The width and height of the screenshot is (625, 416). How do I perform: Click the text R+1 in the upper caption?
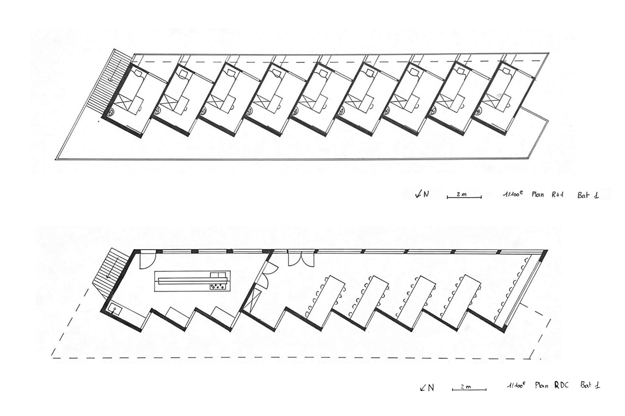click(557, 194)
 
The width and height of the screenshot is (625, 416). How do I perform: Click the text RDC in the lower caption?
click(561, 385)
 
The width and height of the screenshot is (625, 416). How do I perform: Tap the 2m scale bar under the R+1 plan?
click(464, 197)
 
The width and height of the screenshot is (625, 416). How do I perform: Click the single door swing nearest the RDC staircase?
click(147, 259)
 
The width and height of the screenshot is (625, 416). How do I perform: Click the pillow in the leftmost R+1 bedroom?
click(138, 73)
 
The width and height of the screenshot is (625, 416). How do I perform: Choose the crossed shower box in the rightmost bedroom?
click(493, 99)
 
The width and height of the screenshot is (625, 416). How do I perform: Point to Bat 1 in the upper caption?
click(588, 195)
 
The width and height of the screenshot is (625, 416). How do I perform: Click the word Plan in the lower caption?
click(542, 385)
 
